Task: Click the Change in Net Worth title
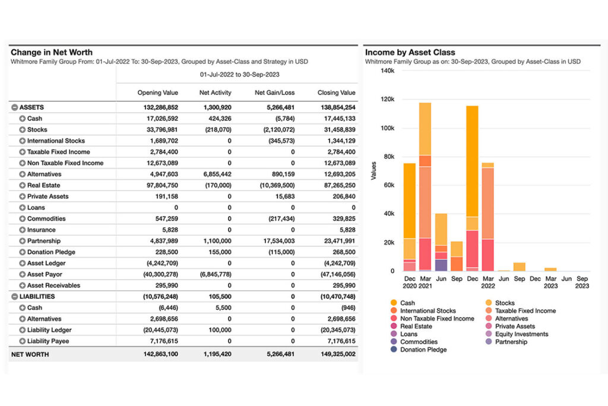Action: (52, 52)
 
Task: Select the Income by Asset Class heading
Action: (410, 52)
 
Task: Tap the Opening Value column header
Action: (157, 93)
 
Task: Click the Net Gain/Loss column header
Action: (274, 93)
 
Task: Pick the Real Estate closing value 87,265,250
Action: (336, 185)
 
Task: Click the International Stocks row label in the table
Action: (56, 141)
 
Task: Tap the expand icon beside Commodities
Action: (22, 218)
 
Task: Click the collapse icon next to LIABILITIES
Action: (14, 296)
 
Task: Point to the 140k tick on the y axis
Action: (387, 71)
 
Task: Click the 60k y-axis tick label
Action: (388, 185)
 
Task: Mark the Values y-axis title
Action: (373, 171)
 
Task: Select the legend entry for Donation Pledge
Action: (423, 350)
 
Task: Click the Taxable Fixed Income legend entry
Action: (525, 310)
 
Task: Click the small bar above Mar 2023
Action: (550, 269)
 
